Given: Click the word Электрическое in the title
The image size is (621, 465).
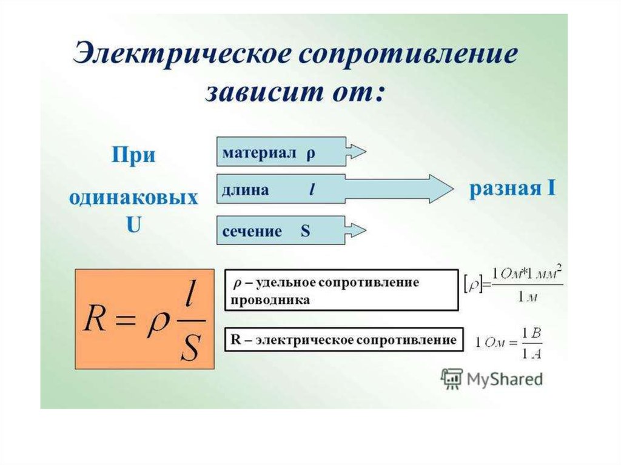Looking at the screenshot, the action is (181, 53).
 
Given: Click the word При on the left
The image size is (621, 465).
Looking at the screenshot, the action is (133, 155).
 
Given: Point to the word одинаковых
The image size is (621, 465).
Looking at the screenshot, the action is (133, 197).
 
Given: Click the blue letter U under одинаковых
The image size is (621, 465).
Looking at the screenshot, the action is (133, 224).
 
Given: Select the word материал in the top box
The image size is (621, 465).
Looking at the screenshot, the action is (260, 152).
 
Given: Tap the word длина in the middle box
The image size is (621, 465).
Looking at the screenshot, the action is (245, 190).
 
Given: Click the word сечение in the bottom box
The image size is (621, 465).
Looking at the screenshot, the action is (252, 231).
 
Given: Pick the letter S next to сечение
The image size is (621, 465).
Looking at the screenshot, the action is (305, 230).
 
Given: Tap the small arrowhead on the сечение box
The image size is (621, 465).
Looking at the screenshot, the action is (356, 230).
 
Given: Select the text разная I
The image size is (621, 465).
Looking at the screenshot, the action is (512, 189).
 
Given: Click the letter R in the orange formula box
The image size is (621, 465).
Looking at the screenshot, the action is (94, 319).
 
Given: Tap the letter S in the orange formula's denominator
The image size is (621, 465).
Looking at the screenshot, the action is (189, 347).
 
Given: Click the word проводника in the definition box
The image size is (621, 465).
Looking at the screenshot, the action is (270, 300).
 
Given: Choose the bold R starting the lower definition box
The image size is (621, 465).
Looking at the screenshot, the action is (236, 340).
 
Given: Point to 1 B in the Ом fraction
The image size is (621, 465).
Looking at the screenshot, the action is (531, 333).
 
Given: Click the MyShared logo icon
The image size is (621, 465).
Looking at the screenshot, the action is (451, 379).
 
